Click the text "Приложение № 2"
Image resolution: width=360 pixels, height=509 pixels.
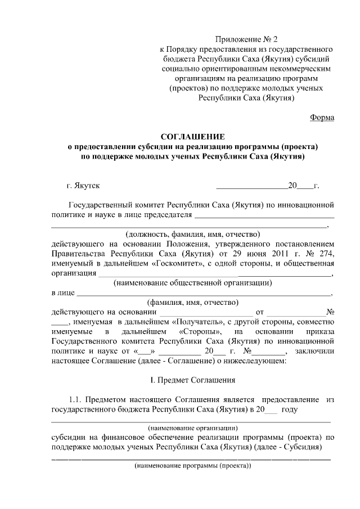click(247, 39)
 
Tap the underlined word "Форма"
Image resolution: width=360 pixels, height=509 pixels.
click(322, 117)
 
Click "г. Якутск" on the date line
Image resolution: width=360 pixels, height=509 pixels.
click(84, 184)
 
